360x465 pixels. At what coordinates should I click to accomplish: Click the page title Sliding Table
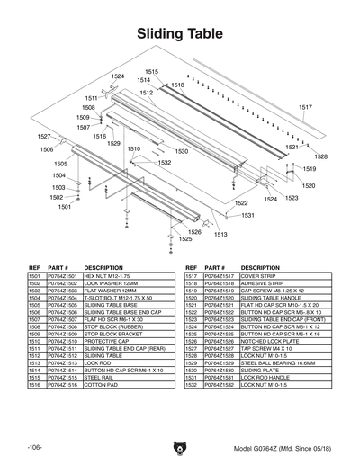click(180, 34)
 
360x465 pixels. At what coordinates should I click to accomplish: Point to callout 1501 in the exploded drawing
click(64, 206)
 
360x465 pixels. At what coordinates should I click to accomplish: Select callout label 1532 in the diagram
click(164, 163)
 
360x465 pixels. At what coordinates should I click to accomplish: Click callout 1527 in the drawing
click(44, 136)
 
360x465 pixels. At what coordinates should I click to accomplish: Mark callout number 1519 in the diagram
click(309, 168)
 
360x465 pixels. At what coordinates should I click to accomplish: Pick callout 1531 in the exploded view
click(247, 216)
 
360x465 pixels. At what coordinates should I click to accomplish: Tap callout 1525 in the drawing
click(184, 239)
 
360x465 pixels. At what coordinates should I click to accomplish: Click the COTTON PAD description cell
click(101, 384)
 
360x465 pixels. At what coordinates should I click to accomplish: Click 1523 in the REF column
click(192, 320)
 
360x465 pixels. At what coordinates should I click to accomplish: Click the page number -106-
click(34, 447)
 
